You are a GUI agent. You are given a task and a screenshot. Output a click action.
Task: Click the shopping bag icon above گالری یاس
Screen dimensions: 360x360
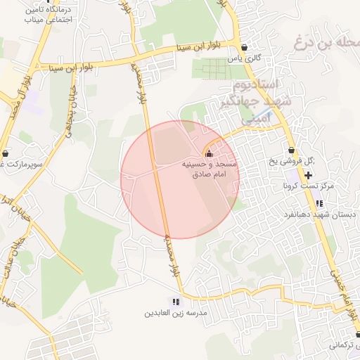pyautogui.click(x=244, y=49)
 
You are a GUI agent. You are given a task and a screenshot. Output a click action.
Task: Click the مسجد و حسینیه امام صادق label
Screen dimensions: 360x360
pyautogui.click(x=210, y=169)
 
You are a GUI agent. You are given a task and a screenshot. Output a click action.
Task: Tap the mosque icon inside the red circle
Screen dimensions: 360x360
pyautogui.click(x=207, y=154)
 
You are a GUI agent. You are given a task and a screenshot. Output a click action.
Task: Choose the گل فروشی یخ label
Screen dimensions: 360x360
pyautogui.click(x=292, y=163)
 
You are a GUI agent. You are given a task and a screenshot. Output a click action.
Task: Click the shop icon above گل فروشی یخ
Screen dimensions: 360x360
pyautogui.click(x=291, y=150)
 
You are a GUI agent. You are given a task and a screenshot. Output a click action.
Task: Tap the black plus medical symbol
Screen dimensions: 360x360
pyautogui.click(x=309, y=174)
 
